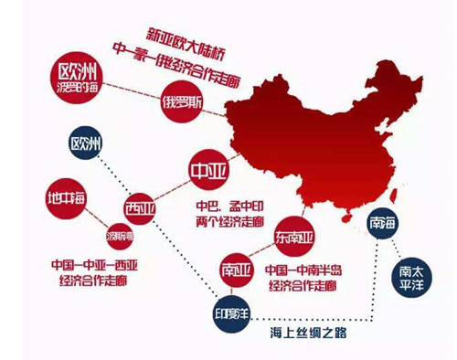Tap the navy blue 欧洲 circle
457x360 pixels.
[90, 144]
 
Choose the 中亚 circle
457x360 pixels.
[207, 171]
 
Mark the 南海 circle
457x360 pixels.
[383, 224]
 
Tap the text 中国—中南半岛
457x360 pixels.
[303, 271]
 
